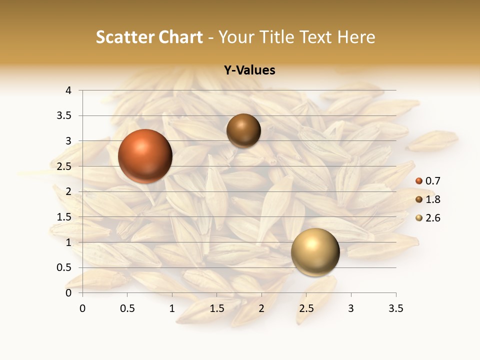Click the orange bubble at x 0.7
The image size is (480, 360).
coord(145,156)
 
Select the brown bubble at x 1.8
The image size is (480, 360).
coord(243,130)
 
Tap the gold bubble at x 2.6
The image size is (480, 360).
coord(315,252)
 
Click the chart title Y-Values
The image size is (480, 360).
coord(249,70)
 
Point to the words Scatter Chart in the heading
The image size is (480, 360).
coord(149,37)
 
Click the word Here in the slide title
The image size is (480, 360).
coord(356,37)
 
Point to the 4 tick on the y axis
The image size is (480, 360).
coord(68,90)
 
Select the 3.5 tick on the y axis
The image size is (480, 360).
coord(65,115)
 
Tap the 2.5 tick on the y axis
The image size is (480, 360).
coord(65,166)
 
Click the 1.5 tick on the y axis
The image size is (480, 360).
coord(65,217)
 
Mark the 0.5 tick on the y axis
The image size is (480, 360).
coord(65,267)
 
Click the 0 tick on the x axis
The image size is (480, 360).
coord(82,308)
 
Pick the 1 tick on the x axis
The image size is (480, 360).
coord(172,308)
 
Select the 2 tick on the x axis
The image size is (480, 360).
coord(261,308)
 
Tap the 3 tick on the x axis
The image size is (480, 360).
coord(351,308)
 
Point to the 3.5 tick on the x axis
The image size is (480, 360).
coord(395,308)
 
